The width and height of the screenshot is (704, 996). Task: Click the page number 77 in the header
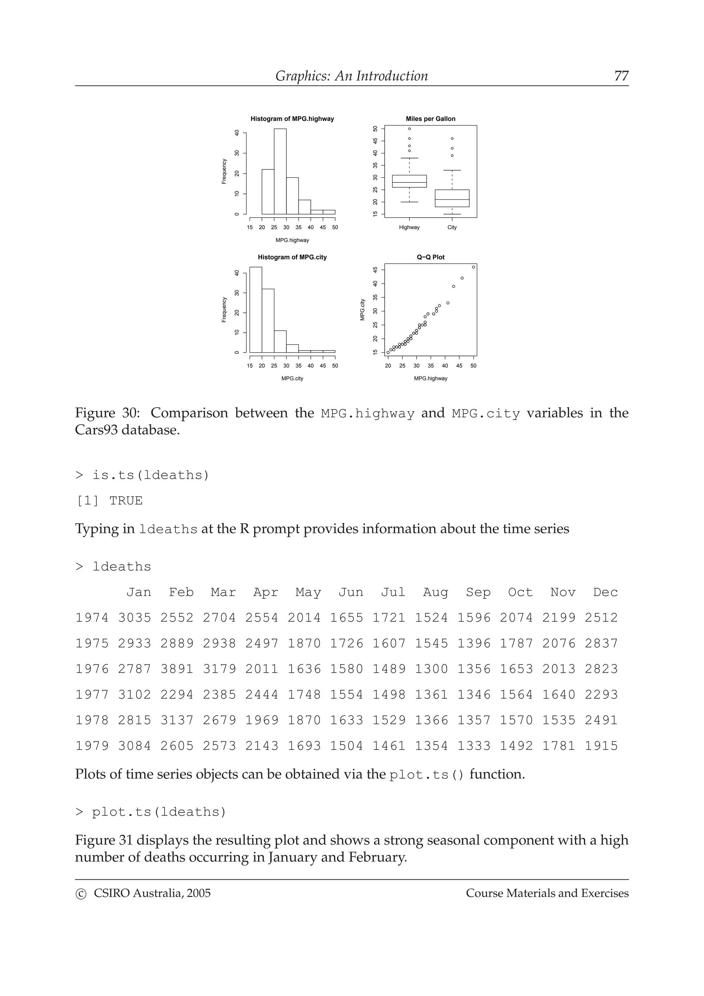pyautogui.click(x=621, y=76)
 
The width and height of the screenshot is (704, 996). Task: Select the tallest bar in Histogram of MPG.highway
pyautogui.click(x=280, y=171)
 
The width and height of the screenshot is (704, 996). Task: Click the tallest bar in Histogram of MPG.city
pyautogui.click(x=255, y=310)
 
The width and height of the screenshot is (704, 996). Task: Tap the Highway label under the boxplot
pyautogui.click(x=409, y=227)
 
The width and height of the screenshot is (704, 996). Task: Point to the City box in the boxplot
pyautogui.click(x=452, y=198)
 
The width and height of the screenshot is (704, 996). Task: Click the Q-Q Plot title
pyautogui.click(x=430, y=257)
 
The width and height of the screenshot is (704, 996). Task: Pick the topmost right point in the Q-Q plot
pyautogui.click(x=473, y=267)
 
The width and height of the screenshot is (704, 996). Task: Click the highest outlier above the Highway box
pyautogui.click(x=409, y=129)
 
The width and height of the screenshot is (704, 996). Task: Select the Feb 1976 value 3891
pyautogui.click(x=177, y=669)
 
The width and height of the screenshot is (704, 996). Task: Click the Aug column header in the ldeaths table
pyautogui.click(x=436, y=592)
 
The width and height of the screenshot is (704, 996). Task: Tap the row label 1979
pyautogui.click(x=92, y=746)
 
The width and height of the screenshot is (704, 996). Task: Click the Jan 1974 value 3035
pyautogui.click(x=134, y=618)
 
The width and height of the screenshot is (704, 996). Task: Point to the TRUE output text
pyautogui.click(x=126, y=501)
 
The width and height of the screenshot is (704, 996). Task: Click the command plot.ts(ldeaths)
pyautogui.click(x=159, y=812)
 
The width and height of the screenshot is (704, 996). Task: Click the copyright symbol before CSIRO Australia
pyautogui.click(x=81, y=894)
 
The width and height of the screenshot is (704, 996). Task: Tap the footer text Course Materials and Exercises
pyautogui.click(x=547, y=893)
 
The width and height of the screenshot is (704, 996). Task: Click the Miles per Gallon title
pyautogui.click(x=430, y=119)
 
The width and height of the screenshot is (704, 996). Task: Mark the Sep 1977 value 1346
pyautogui.click(x=474, y=695)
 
